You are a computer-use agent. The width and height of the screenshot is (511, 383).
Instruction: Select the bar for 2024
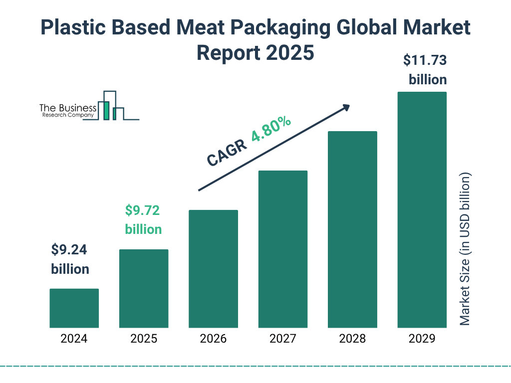pos(74,308)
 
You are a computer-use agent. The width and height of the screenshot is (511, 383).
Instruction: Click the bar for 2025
pos(144,288)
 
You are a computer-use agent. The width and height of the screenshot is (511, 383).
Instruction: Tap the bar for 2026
pos(213,269)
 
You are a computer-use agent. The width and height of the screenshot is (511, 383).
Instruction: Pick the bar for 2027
pos(282,249)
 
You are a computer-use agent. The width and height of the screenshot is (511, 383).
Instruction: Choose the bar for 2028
pos(352,229)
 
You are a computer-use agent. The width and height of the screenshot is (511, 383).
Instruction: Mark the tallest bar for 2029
pos(422,209)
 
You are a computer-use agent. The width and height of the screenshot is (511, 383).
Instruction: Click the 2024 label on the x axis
pos(74,339)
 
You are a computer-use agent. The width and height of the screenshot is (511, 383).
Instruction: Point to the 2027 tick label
pos(282,339)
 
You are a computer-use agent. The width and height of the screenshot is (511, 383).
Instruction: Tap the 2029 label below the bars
pos(422,339)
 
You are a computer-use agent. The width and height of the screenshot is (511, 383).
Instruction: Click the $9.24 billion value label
pos(70,259)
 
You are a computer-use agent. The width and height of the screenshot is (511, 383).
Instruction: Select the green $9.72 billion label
pos(143,219)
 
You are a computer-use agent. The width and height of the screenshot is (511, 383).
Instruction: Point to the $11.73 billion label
pos(425,70)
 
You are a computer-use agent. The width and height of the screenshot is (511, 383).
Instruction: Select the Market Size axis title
pos(465,249)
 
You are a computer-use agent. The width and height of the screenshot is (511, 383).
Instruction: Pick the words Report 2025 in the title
pos(255,52)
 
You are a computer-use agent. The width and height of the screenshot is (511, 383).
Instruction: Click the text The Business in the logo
pos(68,108)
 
